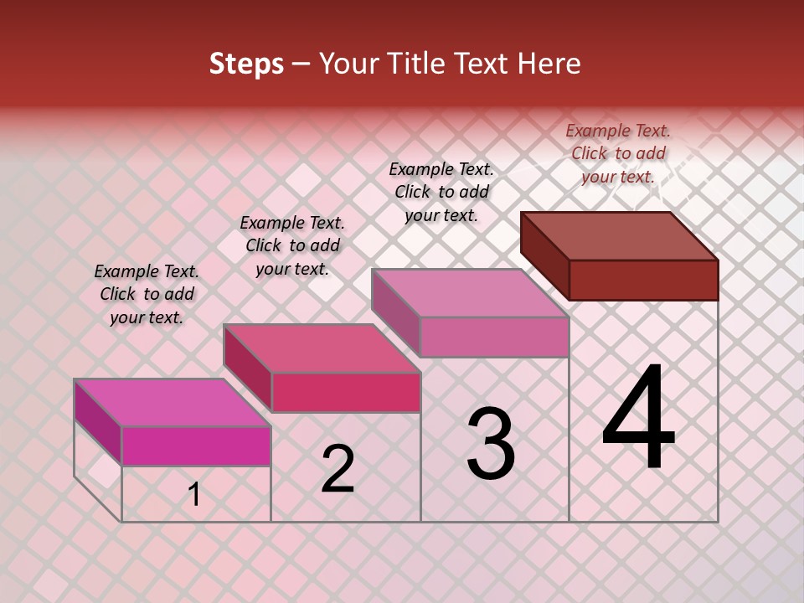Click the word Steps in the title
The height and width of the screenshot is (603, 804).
point(246,64)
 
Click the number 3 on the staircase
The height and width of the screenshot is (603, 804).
point(490,444)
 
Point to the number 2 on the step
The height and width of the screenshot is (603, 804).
point(338,469)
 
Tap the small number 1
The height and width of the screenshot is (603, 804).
point(194,495)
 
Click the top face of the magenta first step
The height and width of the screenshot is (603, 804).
point(172,403)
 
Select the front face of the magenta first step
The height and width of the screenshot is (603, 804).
point(196,446)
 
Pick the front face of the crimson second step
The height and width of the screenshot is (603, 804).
point(346,392)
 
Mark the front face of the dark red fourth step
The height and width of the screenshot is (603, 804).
point(643,280)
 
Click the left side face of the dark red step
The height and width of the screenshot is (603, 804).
point(544,255)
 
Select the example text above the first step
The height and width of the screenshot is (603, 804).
point(147,294)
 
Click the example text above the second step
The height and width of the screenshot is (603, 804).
point(292,245)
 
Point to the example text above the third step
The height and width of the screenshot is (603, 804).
point(441,192)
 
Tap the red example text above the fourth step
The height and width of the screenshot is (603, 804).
point(618,153)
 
